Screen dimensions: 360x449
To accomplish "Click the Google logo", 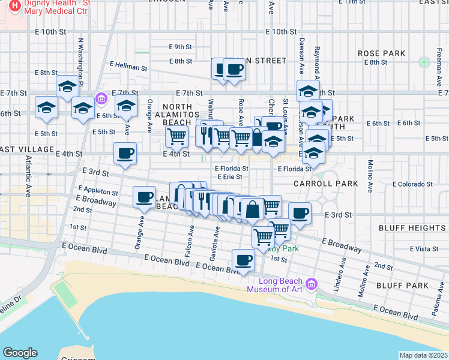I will pyautogui.click(x=20, y=353).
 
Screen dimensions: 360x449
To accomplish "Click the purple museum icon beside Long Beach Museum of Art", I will pyautogui.click(x=311, y=283).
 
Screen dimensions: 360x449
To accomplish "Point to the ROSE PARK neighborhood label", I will pyautogui.click(x=382, y=53).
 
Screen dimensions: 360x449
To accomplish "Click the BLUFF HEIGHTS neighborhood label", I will pyautogui.click(x=411, y=228).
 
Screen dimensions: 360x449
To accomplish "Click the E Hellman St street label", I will pyautogui.click(x=128, y=67).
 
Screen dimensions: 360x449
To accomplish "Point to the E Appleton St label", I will pyautogui.click(x=94, y=193).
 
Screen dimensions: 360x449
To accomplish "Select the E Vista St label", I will pyautogui.click(x=426, y=248).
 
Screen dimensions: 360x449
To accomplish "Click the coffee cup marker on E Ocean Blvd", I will pyautogui.click(x=243, y=260).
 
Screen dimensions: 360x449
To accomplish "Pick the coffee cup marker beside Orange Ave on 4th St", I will pyautogui.click(x=125, y=154).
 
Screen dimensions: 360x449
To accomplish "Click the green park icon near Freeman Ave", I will pyautogui.click(x=424, y=61).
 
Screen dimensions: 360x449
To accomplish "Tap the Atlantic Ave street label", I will pyautogui.click(x=28, y=177).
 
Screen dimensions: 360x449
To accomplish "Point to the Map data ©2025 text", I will pyautogui.click(x=424, y=355).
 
